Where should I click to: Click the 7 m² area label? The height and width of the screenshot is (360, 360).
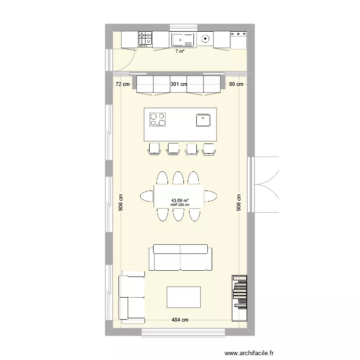point(180,51)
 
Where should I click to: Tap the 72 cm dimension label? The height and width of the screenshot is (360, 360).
point(122,84)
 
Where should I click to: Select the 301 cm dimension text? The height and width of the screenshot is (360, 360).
point(179,84)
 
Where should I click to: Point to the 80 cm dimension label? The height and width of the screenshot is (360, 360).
point(236,84)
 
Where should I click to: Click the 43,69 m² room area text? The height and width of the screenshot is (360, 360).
point(180,201)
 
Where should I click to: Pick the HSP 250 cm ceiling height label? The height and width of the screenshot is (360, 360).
point(180,205)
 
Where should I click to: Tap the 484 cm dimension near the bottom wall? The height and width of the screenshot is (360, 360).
point(180,320)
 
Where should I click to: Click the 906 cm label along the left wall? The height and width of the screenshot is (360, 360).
point(121,202)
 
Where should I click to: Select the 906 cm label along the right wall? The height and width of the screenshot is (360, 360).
point(239,202)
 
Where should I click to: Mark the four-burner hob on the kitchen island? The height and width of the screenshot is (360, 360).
point(157,119)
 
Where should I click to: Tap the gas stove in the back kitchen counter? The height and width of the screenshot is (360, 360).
point(145,39)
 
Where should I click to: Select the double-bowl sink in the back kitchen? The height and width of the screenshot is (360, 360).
point(183,39)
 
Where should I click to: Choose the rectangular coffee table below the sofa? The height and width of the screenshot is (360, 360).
point(183,297)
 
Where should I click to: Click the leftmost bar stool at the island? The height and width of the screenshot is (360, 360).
point(154,149)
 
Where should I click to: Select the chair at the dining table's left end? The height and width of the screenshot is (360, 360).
point(146,196)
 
